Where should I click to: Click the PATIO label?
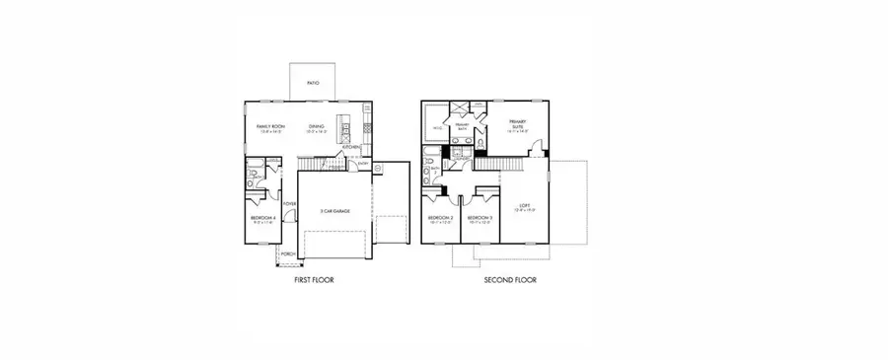click(x=312, y=85)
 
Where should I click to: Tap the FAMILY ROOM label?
click(x=270, y=127)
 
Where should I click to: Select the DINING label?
click(x=316, y=127)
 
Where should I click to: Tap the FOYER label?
click(x=290, y=204)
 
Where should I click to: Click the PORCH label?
click(x=288, y=253)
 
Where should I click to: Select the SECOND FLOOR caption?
click(x=510, y=280)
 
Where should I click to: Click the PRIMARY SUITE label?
click(x=517, y=124)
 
